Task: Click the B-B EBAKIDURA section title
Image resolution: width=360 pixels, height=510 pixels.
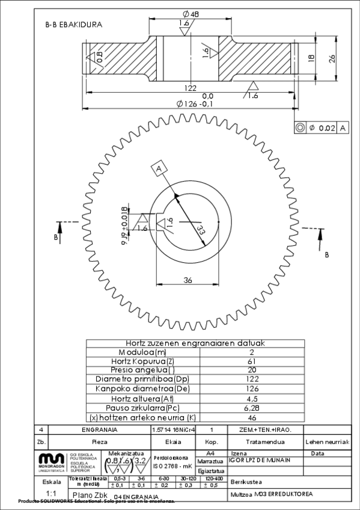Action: coord(73,25)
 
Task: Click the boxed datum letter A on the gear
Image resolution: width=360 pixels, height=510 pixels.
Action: coord(160,169)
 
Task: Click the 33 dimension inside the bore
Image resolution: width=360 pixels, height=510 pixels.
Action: coord(200,230)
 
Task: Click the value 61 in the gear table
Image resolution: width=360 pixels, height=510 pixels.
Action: coord(251,361)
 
